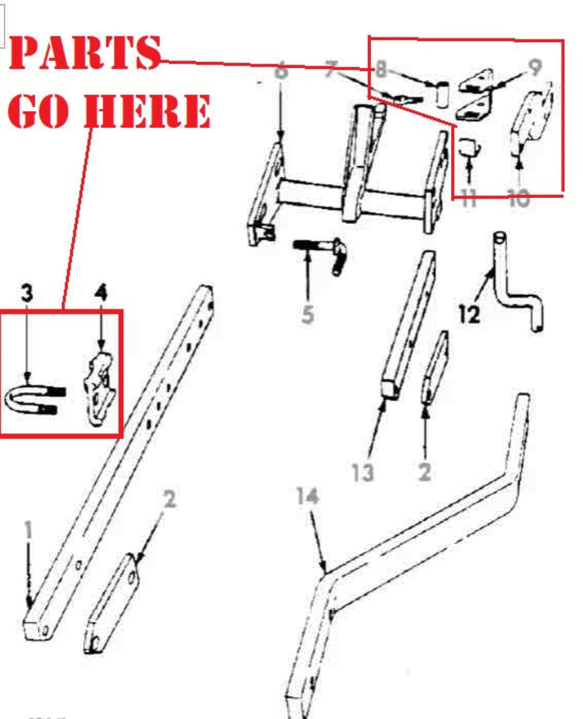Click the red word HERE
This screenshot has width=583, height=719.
(148, 110)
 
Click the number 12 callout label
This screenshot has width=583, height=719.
(469, 314)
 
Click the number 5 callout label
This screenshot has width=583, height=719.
(308, 315)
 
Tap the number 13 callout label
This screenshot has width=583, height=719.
(362, 472)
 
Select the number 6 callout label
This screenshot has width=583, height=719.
(281, 72)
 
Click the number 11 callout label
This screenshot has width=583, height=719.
(469, 199)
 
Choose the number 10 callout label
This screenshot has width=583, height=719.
(519, 199)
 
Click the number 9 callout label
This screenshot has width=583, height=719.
(535, 67)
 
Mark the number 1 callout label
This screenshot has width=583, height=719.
(28, 531)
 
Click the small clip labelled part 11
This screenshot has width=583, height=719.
(469, 147)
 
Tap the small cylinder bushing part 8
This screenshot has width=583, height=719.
(441, 95)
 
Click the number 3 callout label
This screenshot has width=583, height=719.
(27, 293)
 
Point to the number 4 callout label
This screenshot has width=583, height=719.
(101, 293)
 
